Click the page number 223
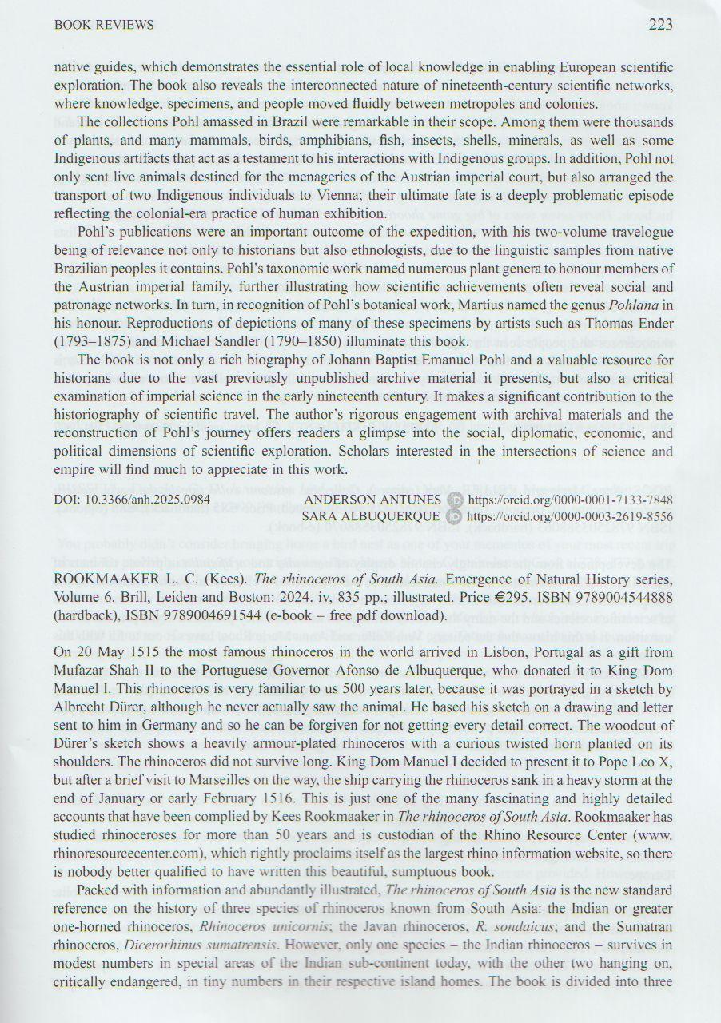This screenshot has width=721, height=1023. point(660,25)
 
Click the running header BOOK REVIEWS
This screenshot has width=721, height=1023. point(104,26)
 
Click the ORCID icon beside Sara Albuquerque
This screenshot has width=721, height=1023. point(454,516)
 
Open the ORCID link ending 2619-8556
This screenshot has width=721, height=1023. point(570,516)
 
